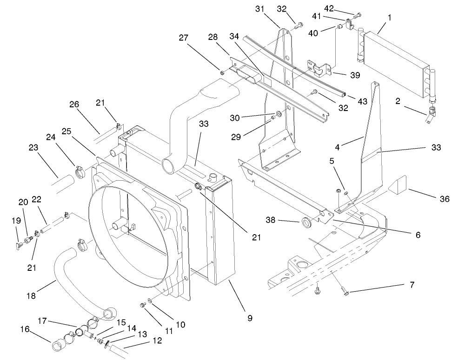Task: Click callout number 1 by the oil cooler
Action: [389, 17]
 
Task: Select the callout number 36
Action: [444, 199]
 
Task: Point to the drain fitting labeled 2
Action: [431, 114]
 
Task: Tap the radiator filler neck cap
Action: [213, 178]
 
